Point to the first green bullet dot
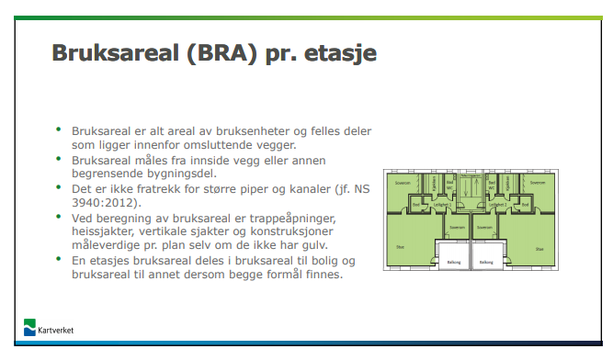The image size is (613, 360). (x=59, y=130)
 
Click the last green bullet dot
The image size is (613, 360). (x=59, y=262)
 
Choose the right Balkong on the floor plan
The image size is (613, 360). (x=486, y=262)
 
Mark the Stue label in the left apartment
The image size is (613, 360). (x=400, y=246)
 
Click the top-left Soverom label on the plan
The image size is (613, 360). (x=401, y=184)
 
